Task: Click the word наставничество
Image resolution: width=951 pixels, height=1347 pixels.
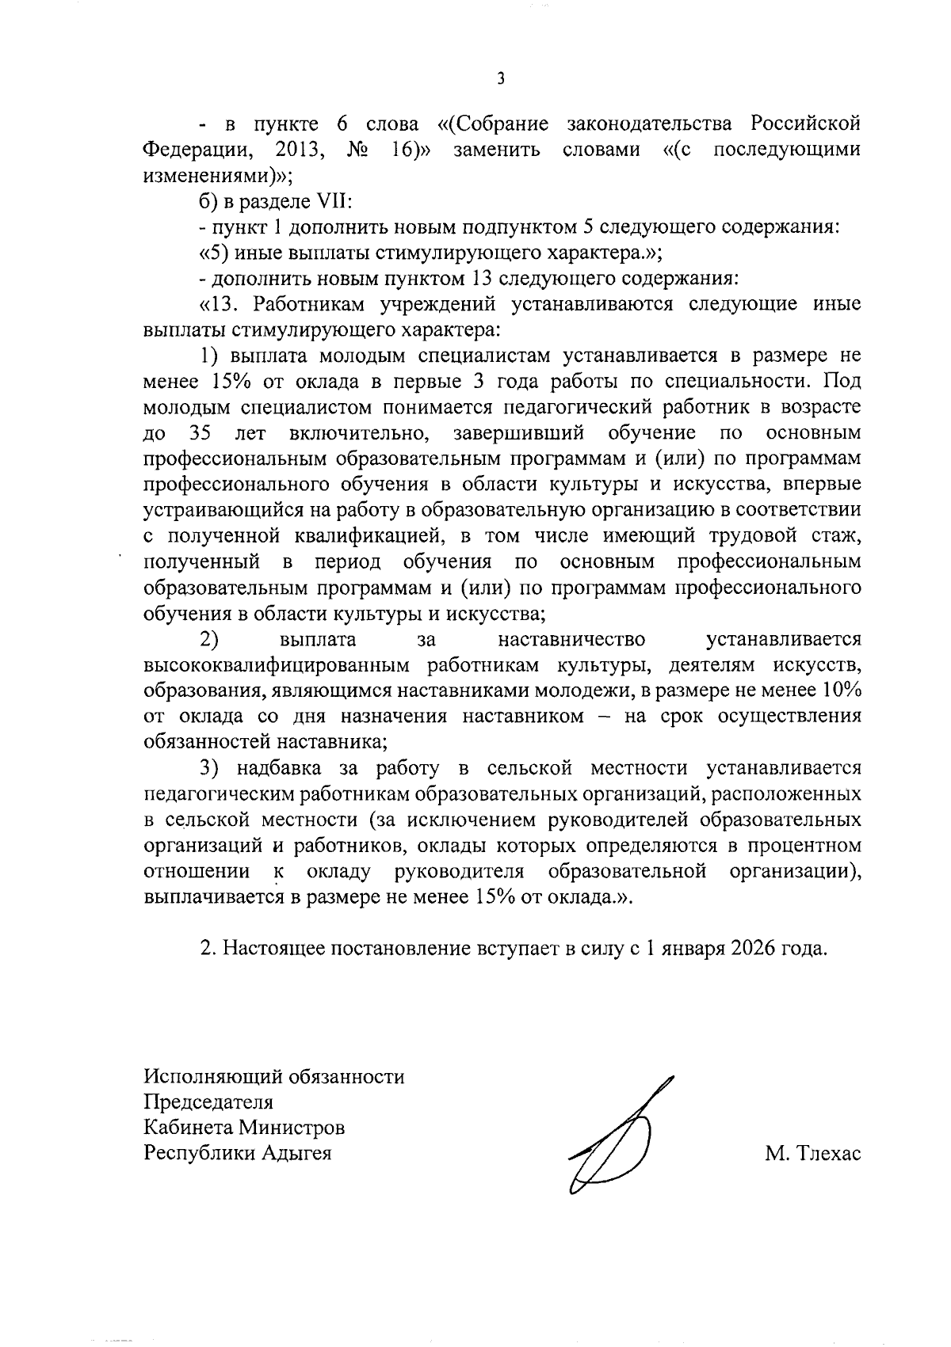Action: pyautogui.click(x=571, y=639)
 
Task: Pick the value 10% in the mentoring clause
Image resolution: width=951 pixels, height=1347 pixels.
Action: pyautogui.click(x=841, y=690)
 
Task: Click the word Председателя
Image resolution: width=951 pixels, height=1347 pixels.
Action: pyautogui.click(x=208, y=1102)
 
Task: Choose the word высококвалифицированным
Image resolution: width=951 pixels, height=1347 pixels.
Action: pyautogui.click(x=278, y=664)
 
